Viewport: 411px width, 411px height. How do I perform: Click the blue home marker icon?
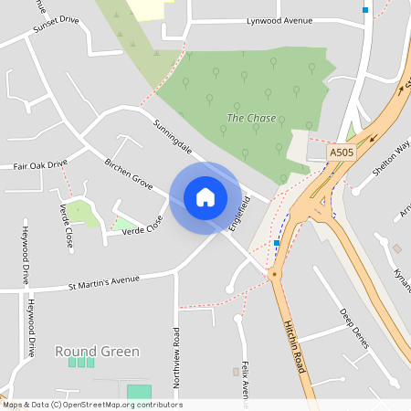[x=205, y=196]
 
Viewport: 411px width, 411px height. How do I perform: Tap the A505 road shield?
[x=342, y=153]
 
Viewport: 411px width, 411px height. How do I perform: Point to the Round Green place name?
[x=97, y=351]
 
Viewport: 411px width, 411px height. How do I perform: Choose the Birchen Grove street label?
[x=128, y=172]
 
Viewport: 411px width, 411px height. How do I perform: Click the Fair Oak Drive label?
[x=40, y=165]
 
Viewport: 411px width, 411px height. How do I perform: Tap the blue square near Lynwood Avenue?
[x=365, y=10]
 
